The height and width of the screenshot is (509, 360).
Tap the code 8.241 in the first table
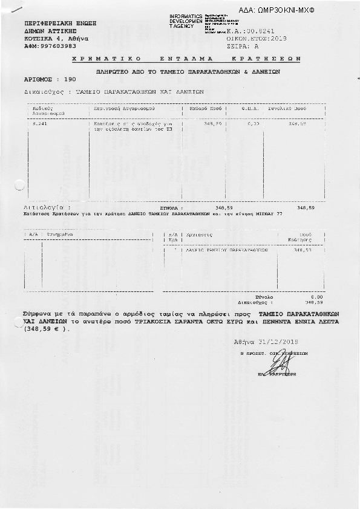pos(39,123)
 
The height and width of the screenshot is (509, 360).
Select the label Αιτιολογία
pos(45,207)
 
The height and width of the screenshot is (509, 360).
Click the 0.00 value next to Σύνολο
pos(316,297)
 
